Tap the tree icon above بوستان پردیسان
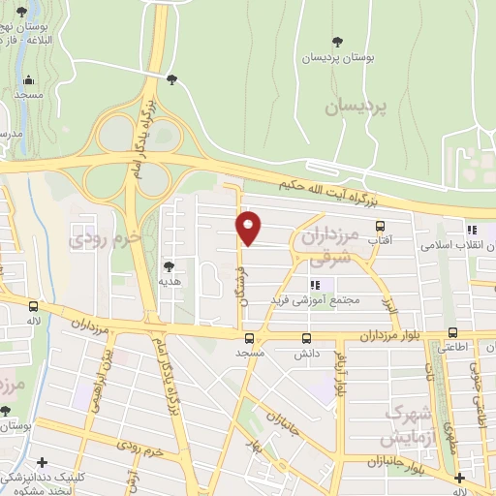pos(337,41)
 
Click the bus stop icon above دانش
pos(307,339)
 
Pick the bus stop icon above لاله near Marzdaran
pos(34,305)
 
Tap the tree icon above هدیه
pos(169,265)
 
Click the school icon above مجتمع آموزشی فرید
pos(314,285)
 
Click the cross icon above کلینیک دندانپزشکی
pos(459,477)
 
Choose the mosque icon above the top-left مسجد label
pos(29,80)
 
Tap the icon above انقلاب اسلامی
pos(472,231)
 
